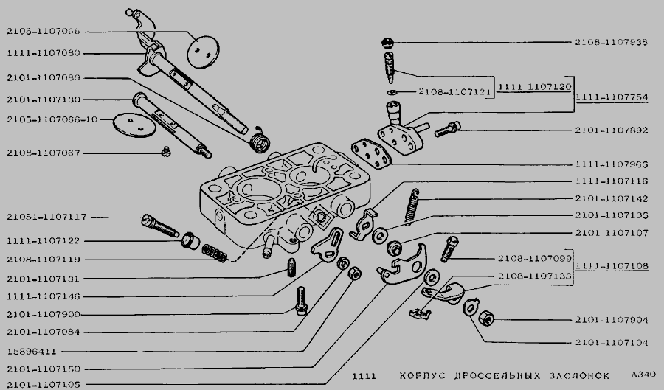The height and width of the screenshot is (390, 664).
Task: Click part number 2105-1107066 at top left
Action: pos(44,32)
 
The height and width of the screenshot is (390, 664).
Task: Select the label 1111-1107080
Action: pos(44,53)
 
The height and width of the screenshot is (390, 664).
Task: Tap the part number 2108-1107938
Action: pos(612,42)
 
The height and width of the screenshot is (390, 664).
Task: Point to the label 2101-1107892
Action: pos(612,130)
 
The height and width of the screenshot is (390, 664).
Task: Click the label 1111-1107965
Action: pos(612,164)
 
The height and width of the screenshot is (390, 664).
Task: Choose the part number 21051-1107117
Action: pos(46,217)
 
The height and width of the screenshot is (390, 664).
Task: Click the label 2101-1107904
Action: pos(612,320)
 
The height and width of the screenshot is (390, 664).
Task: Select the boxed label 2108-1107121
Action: pos(454,92)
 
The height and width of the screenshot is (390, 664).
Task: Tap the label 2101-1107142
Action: pos(612,198)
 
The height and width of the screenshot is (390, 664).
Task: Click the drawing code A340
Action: pos(643,374)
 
